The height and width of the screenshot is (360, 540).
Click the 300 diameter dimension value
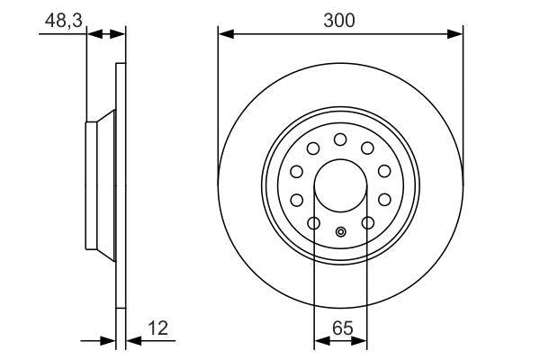341,20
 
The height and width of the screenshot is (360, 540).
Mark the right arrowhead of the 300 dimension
456,34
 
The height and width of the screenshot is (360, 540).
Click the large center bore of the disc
340,186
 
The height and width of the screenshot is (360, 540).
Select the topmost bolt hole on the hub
340,139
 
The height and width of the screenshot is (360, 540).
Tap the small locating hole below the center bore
340,232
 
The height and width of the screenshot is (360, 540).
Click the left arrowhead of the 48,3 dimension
93,34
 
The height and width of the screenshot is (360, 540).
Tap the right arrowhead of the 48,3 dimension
120,34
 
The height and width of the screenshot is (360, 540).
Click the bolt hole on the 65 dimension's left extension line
314,223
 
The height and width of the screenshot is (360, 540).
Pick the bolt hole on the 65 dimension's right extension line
367,223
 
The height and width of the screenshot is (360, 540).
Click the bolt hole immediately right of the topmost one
367,148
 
